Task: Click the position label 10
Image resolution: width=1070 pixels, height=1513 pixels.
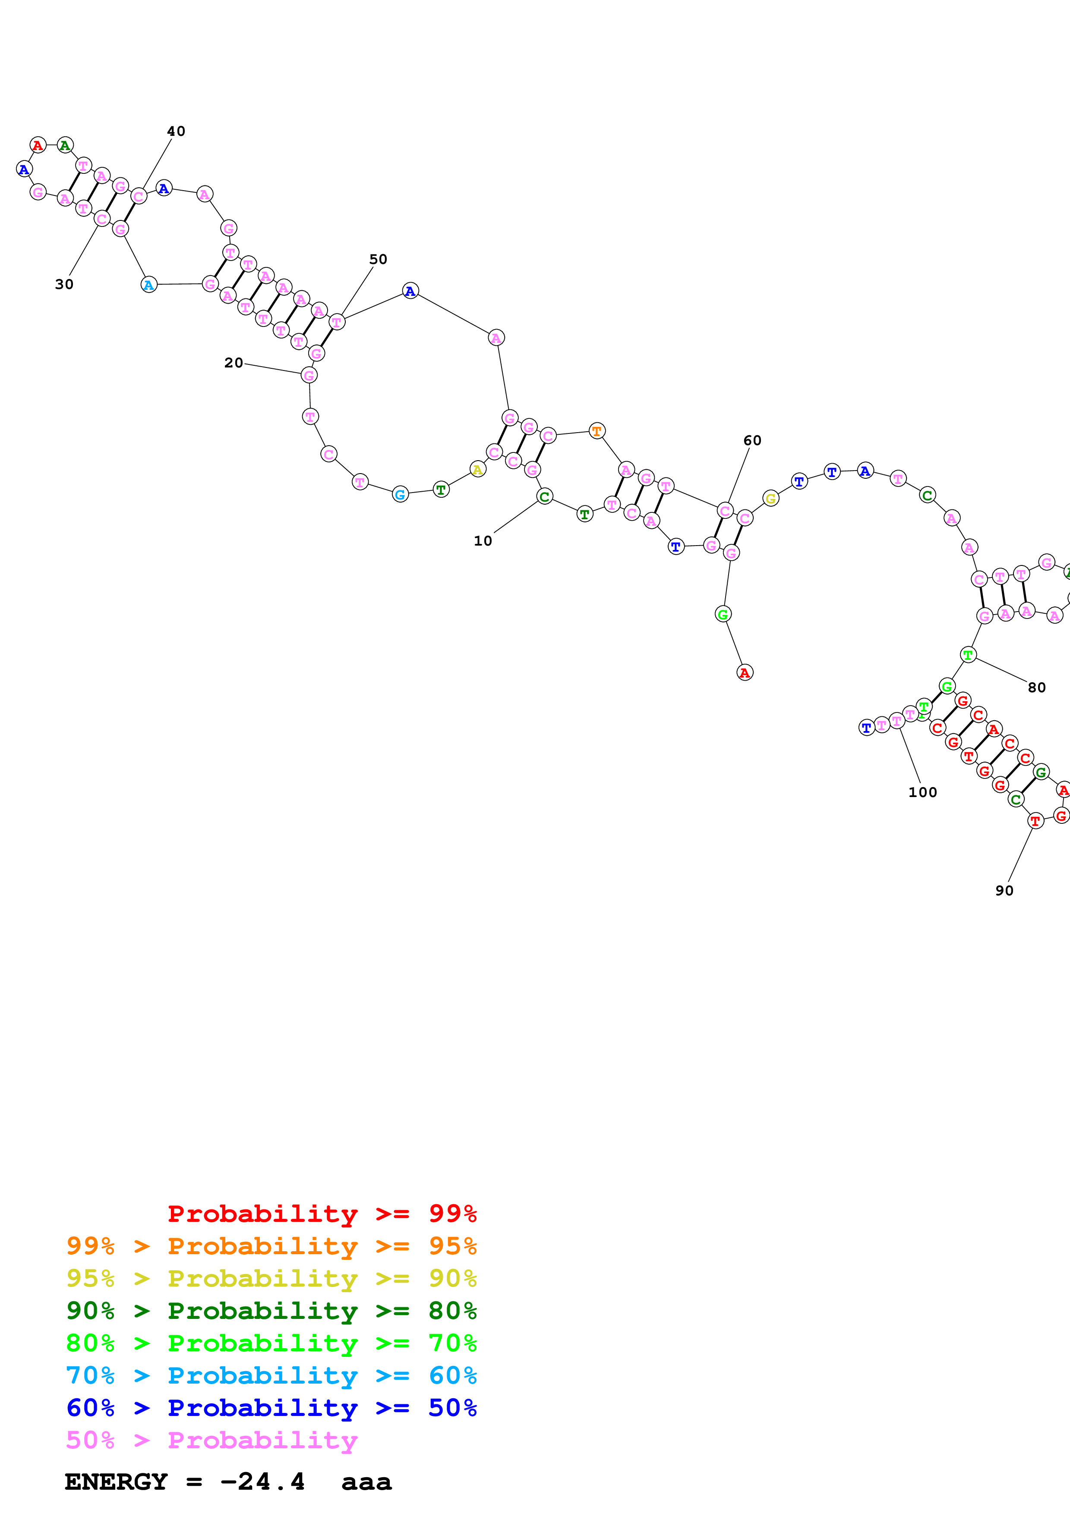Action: click(483, 541)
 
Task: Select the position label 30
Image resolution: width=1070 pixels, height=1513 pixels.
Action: click(64, 285)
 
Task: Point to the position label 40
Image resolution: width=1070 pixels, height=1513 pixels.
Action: click(176, 131)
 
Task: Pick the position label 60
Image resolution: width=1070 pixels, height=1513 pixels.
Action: click(752, 441)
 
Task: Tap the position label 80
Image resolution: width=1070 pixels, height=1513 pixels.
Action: click(1036, 688)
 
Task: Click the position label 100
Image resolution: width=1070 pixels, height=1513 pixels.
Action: click(922, 793)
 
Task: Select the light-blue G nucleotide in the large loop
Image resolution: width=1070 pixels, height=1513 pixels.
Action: click(400, 494)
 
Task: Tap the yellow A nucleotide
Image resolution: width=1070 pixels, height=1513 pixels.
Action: click(478, 470)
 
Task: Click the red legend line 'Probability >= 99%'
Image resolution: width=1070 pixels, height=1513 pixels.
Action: click(322, 1214)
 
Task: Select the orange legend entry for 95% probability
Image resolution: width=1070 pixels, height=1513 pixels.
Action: click(271, 1246)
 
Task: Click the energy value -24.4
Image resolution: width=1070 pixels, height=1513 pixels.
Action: click(262, 1482)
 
